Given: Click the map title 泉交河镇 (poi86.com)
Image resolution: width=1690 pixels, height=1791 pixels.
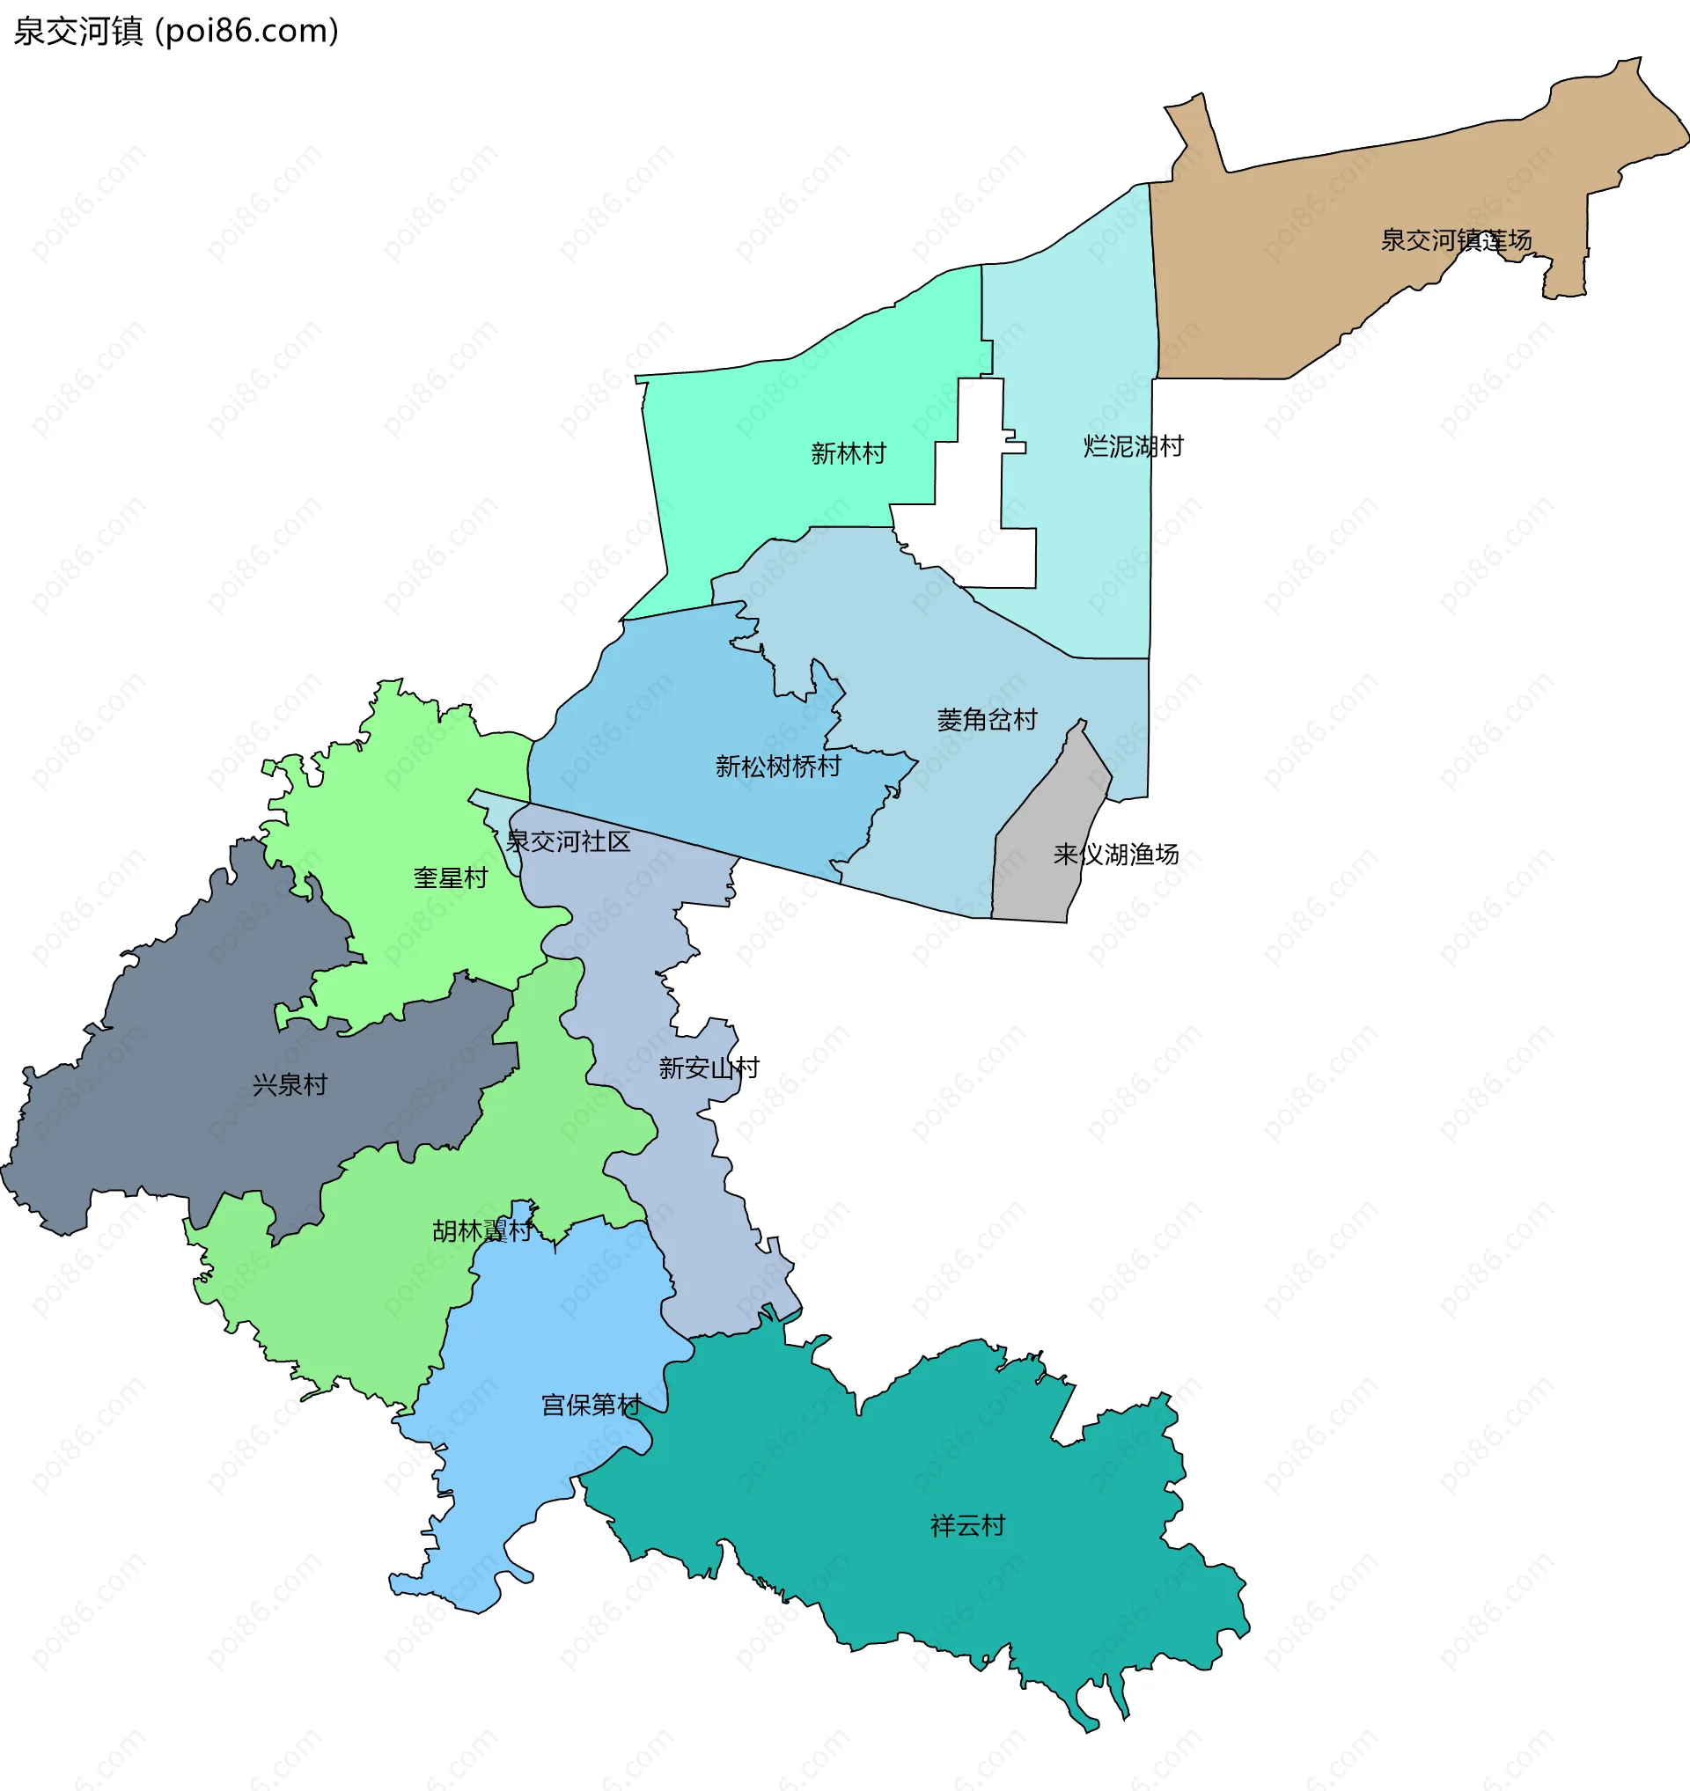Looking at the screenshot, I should (x=176, y=32).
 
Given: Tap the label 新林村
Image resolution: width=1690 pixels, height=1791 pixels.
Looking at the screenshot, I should (x=848, y=453).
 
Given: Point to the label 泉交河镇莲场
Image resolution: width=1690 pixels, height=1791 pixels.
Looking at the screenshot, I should (x=1456, y=239).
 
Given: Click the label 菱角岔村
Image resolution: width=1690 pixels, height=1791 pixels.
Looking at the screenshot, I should (x=987, y=720).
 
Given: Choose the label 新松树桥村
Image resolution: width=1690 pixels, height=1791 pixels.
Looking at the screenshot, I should (x=777, y=767).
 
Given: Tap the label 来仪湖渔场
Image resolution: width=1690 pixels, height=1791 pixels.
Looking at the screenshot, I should (x=1115, y=854).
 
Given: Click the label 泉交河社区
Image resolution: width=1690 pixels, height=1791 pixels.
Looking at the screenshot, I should (x=568, y=841).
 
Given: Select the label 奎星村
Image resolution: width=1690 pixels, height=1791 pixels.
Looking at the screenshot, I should (x=451, y=877).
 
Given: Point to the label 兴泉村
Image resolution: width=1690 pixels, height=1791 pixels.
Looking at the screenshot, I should (x=290, y=1084).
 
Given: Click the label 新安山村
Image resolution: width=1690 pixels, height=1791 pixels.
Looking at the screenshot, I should (x=708, y=1068).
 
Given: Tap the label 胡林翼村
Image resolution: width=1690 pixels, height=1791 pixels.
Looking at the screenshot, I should (x=482, y=1230).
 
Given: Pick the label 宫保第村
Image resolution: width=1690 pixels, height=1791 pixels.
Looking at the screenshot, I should (x=591, y=1405).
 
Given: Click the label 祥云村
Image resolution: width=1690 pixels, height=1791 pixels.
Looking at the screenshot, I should (x=966, y=1525).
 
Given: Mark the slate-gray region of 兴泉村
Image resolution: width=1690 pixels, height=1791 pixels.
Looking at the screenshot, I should (x=180, y=1127).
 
